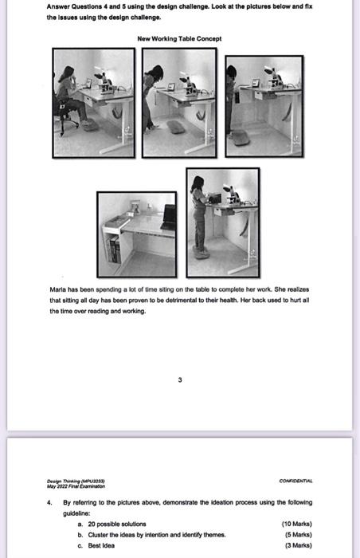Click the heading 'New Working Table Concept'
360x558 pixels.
pos(179,38)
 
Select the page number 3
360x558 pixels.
pos(180,379)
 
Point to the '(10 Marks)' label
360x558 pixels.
pos(297,524)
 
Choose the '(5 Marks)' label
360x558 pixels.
pos(299,535)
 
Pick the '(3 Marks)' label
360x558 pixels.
pos(299,546)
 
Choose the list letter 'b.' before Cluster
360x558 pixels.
pos(81,535)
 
